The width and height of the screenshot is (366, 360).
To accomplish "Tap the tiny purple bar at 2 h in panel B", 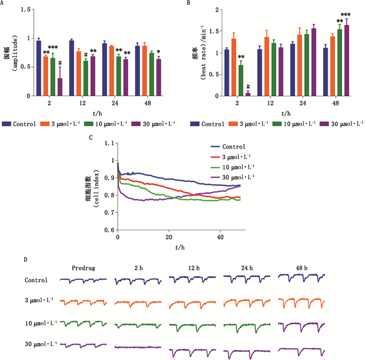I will point(248,94).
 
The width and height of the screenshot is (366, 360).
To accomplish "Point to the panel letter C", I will point(92,138).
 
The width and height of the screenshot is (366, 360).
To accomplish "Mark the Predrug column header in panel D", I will point(84,268).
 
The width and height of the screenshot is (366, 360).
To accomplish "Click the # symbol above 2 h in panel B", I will point(248,87).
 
